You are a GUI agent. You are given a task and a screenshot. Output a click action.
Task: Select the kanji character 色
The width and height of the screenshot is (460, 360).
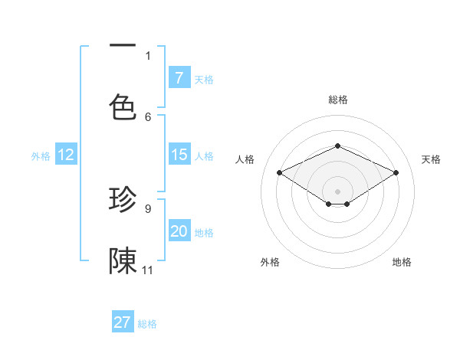[x=123, y=106]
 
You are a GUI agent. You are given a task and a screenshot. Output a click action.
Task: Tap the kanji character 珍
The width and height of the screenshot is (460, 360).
[x=123, y=200]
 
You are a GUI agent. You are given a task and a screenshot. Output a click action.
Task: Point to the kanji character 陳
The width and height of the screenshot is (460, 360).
[x=123, y=261]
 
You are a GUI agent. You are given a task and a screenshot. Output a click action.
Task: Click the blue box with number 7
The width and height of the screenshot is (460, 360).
[x=179, y=77]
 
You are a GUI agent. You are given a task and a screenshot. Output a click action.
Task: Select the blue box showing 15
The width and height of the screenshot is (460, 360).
[x=179, y=155]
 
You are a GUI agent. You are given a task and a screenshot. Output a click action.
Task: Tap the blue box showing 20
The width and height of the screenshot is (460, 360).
[x=179, y=231]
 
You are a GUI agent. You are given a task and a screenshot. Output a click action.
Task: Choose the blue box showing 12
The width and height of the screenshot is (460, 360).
[x=66, y=155]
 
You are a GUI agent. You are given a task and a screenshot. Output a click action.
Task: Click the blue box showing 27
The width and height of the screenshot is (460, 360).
[x=123, y=322]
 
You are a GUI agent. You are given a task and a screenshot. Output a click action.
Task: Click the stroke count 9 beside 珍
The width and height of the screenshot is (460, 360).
[x=148, y=208]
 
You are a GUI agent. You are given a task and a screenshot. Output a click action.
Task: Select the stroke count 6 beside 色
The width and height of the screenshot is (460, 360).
[x=148, y=116]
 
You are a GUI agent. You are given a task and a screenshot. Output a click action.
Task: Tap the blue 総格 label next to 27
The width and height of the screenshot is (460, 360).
[x=147, y=324]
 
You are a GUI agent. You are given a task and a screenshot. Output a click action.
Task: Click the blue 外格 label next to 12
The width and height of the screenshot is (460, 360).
[x=41, y=156]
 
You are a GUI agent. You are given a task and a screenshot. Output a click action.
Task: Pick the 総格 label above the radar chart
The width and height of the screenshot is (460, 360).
[x=337, y=100]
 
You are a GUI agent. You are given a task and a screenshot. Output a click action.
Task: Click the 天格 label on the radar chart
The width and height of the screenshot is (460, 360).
[x=431, y=159]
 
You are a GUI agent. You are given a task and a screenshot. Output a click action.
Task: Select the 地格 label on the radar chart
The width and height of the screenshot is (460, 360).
[x=402, y=262]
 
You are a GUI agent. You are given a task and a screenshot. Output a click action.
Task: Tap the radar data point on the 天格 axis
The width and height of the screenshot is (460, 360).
[x=396, y=173]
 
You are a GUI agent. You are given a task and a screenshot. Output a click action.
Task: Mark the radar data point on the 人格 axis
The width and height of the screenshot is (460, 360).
[x=279, y=173]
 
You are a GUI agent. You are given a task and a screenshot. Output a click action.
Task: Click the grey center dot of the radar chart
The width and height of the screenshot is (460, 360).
[x=337, y=191]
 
